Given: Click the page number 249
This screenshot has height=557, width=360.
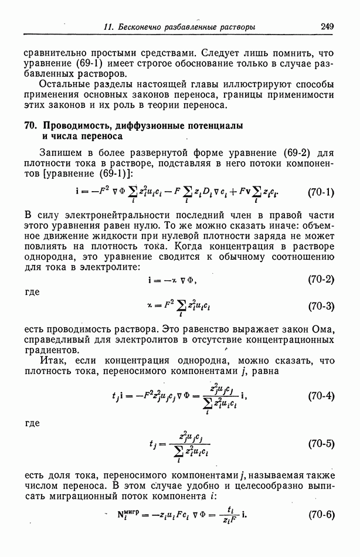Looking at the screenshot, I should pos(327,26).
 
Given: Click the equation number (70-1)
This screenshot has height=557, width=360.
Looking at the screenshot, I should pos(321,192).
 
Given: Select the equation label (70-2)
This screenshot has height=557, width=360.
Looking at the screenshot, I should pos(321,280).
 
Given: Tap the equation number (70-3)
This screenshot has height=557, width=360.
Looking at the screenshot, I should pos(321,306).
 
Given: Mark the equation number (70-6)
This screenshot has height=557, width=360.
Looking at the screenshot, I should pos(321,515).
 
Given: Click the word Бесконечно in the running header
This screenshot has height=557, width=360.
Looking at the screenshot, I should pos(141,27).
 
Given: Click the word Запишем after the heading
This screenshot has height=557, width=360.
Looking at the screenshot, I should pos(64,154).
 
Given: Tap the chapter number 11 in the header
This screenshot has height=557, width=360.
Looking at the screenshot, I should pos(107,27).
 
